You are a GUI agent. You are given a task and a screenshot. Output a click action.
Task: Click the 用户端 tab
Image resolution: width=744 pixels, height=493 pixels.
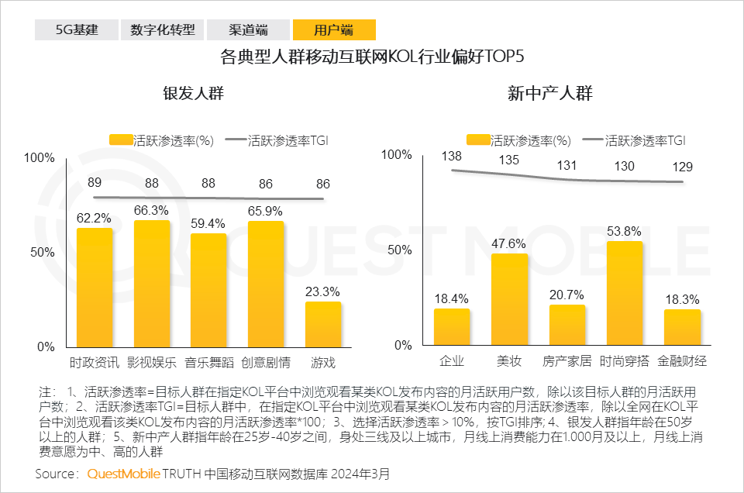click(334, 30)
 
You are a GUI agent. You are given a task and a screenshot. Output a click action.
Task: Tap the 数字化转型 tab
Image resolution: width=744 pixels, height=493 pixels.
click(163, 30)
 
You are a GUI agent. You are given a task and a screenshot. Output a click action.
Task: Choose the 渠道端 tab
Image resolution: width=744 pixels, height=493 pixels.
click(248, 30)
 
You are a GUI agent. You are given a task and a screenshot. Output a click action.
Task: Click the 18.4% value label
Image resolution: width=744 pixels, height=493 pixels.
click(451, 298)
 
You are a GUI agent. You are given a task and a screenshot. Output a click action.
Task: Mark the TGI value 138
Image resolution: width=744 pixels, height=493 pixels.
click(451, 157)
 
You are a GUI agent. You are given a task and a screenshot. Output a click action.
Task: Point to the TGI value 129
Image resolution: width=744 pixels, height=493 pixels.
click(682, 167)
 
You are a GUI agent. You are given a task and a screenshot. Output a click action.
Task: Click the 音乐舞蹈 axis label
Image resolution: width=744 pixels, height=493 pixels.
click(208, 363)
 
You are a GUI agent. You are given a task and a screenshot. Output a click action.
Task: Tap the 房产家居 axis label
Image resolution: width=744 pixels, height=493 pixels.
click(567, 361)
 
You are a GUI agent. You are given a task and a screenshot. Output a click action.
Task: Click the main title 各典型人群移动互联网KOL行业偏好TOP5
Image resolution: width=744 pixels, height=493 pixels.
click(372, 57)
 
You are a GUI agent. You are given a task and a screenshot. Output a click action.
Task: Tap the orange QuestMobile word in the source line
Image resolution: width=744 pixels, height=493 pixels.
click(123, 473)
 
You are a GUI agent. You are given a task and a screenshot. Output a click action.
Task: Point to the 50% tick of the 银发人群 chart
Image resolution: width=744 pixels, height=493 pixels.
click(41, 252)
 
